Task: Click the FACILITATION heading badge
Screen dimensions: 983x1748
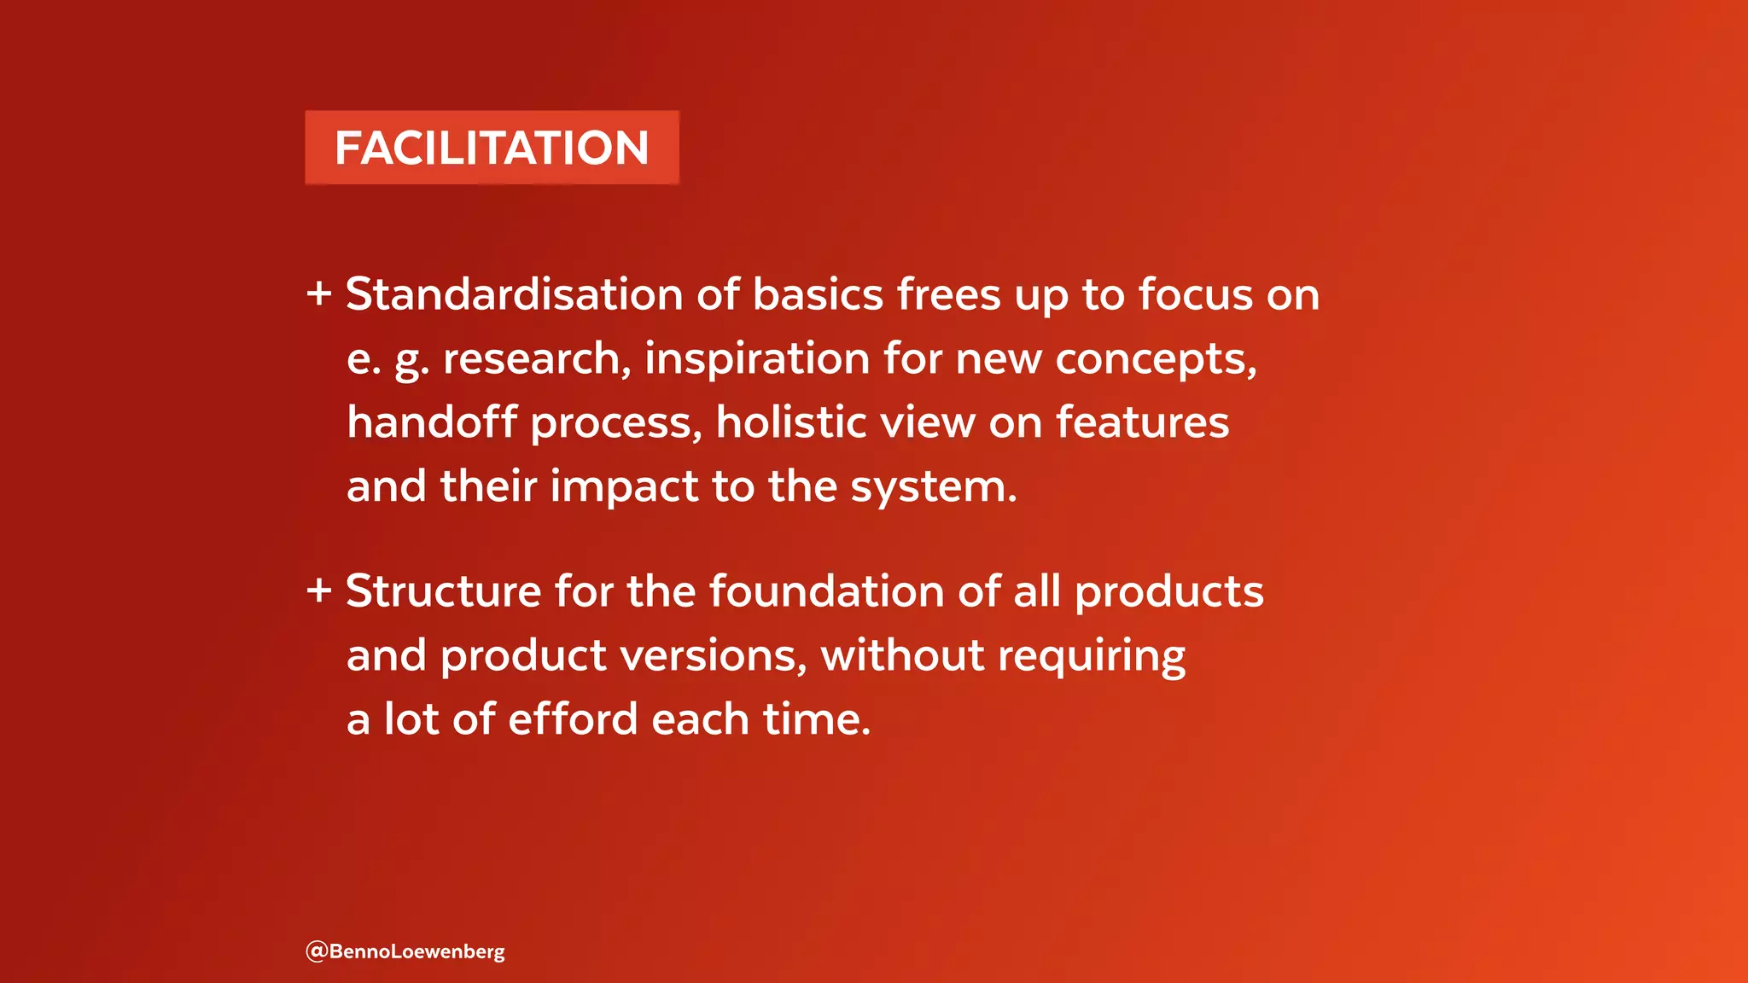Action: coord(492,148)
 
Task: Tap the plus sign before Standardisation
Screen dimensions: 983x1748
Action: coord(319,294)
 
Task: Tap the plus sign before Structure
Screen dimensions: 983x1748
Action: coord(319,590)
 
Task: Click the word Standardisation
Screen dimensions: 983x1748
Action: coord(514,294)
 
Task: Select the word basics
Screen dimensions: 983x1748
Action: coord(818,294)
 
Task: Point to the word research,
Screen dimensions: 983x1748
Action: coord(537,358)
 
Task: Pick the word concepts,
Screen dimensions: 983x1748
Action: coord(1156,358)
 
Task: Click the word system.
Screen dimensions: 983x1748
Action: coord(934,488)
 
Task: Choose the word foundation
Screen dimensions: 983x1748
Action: coord(826,590)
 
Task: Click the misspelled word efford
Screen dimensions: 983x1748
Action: coord(573,718)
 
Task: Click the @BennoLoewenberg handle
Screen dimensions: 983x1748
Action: coord(405,951)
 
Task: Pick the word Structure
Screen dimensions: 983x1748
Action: coord(443,590)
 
